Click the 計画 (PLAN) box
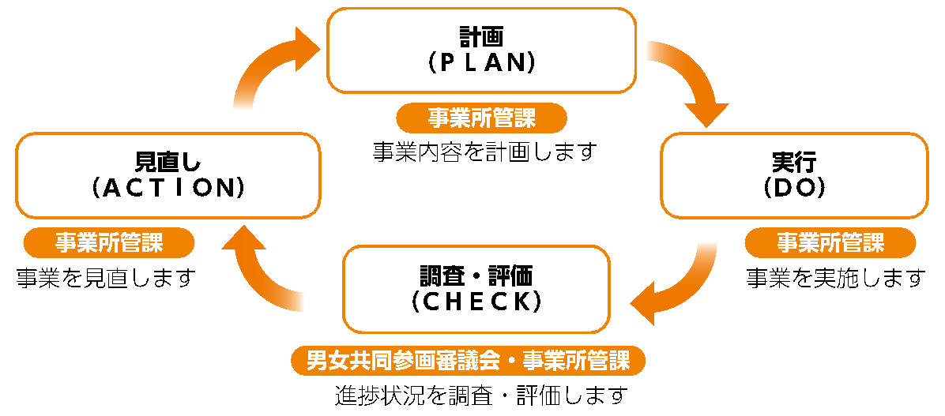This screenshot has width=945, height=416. pos(481,50)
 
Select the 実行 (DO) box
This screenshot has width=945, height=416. pos(794,174)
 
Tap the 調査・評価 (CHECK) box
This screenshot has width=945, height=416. pos(476,287)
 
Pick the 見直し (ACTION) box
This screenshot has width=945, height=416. pos(168,174)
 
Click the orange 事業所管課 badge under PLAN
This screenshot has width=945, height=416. pos(481,118)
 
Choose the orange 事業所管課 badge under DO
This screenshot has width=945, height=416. pos(830,242)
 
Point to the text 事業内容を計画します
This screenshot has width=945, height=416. pos(483,151)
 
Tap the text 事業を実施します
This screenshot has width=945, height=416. pos(835,277)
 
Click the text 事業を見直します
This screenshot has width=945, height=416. pos(105,277)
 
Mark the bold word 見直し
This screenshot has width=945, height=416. pos(168,162)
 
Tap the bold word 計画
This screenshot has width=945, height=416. pos(481,36)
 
